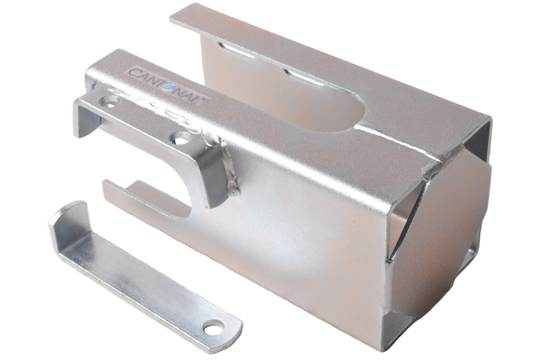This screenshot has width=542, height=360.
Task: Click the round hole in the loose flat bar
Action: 214,327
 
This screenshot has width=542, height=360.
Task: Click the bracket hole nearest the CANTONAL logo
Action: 109,101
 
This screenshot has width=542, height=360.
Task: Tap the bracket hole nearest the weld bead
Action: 180,138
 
